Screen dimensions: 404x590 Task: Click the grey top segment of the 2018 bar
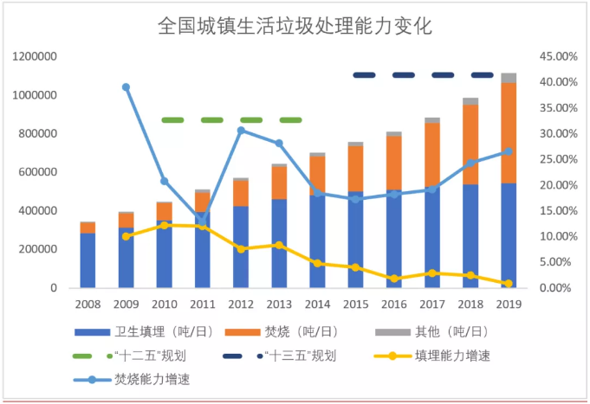pyautogui.click(x=470, y=101)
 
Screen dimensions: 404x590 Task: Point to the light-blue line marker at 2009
pyautogui.click(x=126, y=87)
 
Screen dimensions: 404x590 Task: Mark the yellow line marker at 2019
pyautogui.click(x=509, y=284)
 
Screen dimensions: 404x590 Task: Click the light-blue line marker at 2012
pyautogui.click(x=241, y=131)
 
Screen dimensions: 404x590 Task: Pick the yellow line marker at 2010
pyautogui.click(x=164, y=225)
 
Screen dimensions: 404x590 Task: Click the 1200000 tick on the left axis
pyautogui.click(x=35, y=57)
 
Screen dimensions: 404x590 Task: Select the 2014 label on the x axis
pyautogui.click(x=317, y=305)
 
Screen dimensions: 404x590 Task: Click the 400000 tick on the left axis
pyautogui.click(x=38, y=211)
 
